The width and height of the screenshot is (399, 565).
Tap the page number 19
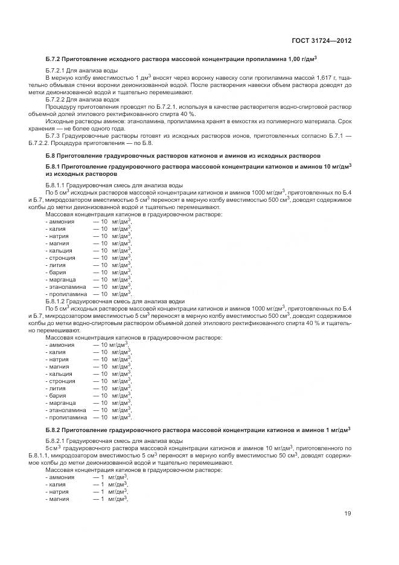[348, 514]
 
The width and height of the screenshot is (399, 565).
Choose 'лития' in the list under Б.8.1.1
[62, 264]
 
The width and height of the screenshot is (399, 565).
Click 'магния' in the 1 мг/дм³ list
[63, 499]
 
